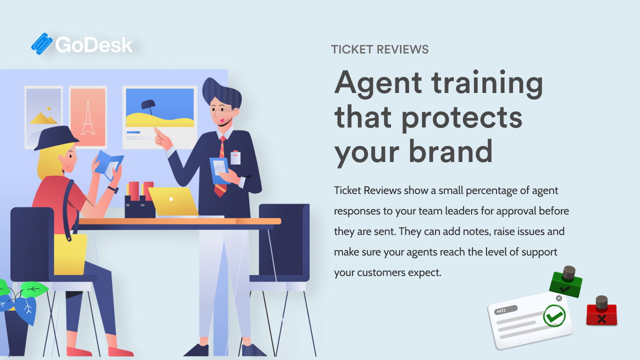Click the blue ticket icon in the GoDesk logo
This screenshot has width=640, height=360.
click(x=41, y=43)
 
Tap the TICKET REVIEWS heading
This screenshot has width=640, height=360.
click(x=379, y=49)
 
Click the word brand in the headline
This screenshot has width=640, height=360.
click(x=450, y=150)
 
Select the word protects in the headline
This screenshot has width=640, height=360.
click(x=462, y=117)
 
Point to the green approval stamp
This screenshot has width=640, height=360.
click(x=566, y=282)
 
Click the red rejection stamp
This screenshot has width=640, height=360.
click(x=601, y=311)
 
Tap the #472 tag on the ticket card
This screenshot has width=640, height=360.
click(x=505, y=310)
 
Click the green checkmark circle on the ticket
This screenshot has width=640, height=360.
click(x=554, y=315)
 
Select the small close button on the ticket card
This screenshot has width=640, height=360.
click(x=559, y=298)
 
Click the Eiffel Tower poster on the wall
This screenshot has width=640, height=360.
click(x=88, y=117)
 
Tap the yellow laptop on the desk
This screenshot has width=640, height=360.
click(x=173, y=201)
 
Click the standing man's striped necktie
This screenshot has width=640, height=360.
click(x=221, y=166)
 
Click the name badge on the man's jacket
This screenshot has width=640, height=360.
click(x=235, y=157)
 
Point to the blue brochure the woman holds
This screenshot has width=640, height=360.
click(x=108, y=165)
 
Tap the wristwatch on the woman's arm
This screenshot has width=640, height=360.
click(x=113, y=189)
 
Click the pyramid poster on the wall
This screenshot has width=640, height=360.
click(x=43, y=117)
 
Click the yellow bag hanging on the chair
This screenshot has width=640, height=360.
click(x=70, y=254)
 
